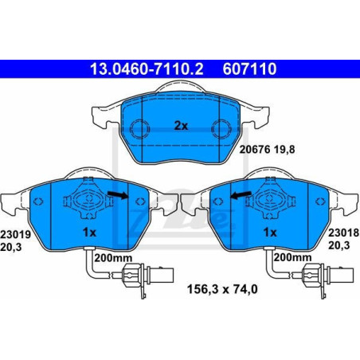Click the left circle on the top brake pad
140,127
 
